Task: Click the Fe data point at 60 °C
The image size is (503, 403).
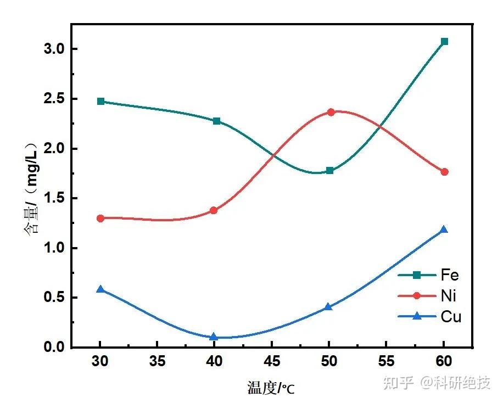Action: (444, 42)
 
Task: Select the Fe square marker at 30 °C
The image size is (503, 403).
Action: (100, 102)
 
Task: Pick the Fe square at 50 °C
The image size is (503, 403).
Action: (329, 171)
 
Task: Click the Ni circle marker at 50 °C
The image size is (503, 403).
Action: (331, 112)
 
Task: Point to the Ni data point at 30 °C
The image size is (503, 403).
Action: (100, 218)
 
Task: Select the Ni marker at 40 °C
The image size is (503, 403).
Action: (214, 210)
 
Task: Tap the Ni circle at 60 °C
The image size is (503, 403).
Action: (444, 172)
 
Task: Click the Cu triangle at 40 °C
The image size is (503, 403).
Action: (214, 337)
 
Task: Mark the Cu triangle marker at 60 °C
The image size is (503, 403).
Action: (444, 230)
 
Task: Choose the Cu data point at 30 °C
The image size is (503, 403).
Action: (100, 289)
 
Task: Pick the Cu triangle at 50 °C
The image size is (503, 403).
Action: (329, 307)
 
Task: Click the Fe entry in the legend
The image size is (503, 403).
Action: (449, 275)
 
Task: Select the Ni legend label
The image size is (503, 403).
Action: (448, 296)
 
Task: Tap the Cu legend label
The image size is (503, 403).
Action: (450, 317)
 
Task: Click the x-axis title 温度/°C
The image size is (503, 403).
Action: (271, 389)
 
